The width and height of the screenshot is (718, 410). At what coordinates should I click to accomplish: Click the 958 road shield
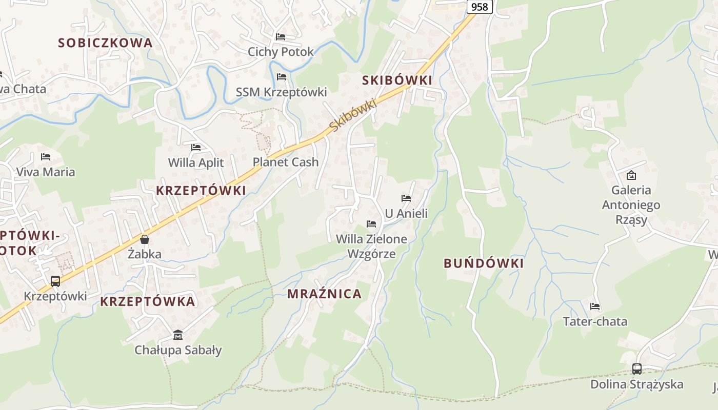[480, 6]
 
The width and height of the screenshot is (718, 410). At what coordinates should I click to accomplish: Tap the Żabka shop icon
[145, 239]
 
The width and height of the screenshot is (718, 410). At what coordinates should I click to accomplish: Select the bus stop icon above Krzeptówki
[55, 281]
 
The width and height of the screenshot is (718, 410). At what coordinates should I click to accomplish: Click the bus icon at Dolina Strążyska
[636, 368]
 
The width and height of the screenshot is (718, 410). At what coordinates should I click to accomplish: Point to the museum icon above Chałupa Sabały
[177, 335]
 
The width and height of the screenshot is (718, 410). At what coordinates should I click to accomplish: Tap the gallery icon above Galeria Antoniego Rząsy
[631, 175]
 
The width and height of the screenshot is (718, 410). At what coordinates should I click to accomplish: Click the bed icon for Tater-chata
[595, 306]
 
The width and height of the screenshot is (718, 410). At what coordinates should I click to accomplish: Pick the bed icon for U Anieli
[406, 198]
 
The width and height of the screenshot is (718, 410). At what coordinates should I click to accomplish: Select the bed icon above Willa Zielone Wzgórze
[371, 223]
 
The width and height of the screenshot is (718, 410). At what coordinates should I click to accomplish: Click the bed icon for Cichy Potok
[281, 37]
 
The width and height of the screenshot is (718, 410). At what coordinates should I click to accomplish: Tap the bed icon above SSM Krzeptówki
[281, 77]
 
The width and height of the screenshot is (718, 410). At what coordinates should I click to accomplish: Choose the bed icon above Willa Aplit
[196, 148]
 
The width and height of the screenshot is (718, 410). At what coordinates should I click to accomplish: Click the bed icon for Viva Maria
[46, 157]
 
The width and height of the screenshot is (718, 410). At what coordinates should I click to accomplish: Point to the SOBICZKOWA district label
[106, 43]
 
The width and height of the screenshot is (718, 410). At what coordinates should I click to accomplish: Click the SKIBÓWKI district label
[397, 80]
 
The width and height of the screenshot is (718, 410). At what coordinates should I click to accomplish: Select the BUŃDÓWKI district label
[484, 263]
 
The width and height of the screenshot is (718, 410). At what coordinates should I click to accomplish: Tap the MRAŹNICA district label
[325, 294]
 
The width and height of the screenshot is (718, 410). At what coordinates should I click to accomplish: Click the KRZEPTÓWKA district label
[148, 301]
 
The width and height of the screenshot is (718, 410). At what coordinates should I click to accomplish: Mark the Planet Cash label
[286, 162]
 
